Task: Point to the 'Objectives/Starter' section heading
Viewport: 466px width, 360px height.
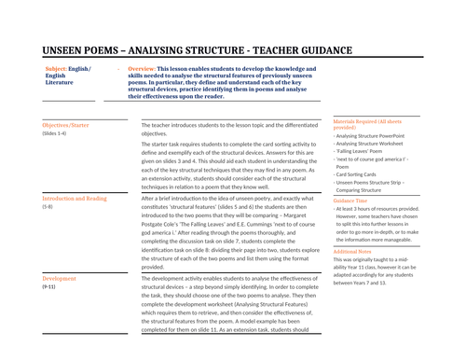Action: (66, 124)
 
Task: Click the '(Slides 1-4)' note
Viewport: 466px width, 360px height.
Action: (55, 133)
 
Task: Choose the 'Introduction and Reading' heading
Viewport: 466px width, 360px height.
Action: (75, 199)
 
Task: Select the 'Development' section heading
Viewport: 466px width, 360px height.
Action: (60, 278)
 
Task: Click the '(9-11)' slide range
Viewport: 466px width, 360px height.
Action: (51, 287)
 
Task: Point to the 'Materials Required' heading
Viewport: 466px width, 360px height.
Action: (364, 121)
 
